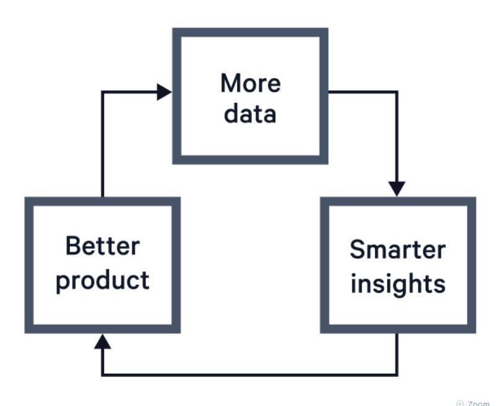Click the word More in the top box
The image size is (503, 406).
tap(250, 84)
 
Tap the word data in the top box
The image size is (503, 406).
tap(250, 114)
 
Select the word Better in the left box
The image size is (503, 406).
tap(102, 246)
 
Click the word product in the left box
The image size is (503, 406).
tap(102, 280)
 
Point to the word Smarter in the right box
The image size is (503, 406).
tap(397, 249)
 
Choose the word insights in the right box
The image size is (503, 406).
tap(397, 283)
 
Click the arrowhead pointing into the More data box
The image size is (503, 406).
tap(165, 92)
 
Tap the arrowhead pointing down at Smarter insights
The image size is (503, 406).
tap(397, 188)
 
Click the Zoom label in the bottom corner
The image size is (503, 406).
tap(479, 403)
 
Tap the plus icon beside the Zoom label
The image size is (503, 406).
tap(460, 403)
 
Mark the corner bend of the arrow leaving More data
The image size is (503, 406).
tap(397, 92)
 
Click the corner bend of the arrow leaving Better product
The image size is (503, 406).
tap(102, 92)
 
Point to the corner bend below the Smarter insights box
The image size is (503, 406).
tap(397, 374)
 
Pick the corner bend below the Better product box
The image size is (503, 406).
tap(102, 374)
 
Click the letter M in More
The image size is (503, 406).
tap(230, 84)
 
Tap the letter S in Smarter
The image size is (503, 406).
tap(357, 249)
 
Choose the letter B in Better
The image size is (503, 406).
tap(72, 246)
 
